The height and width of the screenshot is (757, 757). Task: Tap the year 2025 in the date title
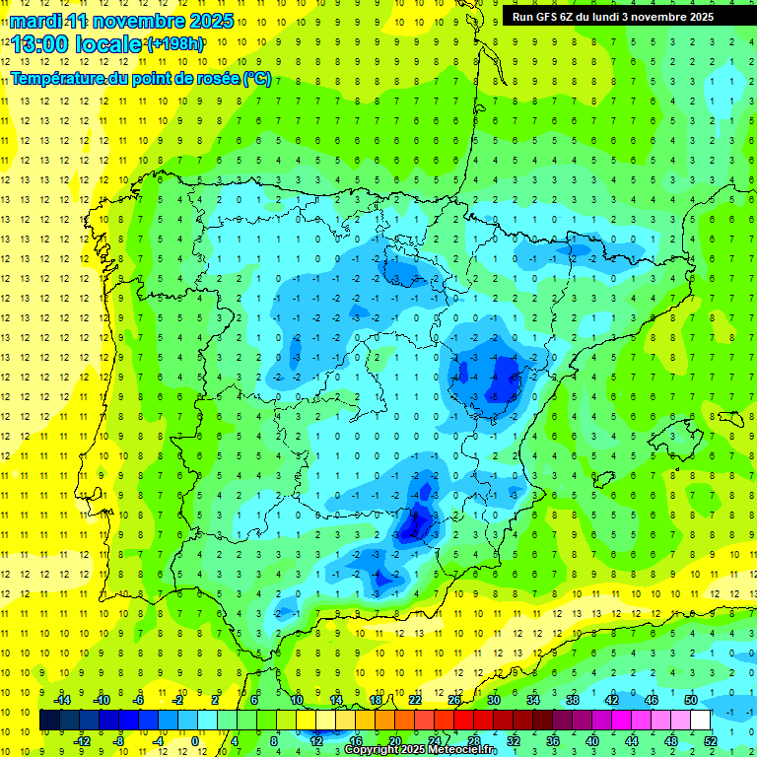click(x=210, y=21)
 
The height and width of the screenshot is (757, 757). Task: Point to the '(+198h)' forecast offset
click(x=174, y=44)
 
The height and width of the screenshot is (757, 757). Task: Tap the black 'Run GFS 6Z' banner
click(x=621, y=17)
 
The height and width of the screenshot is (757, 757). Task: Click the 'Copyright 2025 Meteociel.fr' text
click(x=420, y=750)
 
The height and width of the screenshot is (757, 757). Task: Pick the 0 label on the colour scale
click(x=194, y=740)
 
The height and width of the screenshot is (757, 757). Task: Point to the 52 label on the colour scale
click(x=711, y=740)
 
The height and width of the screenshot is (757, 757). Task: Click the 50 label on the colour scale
click(x=691, y=700)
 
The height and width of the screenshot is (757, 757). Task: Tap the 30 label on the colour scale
click(x=493, y=700)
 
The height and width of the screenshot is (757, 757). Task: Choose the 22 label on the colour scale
click(x=415, y=700)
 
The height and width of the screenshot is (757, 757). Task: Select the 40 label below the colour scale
click(x=591, y=740)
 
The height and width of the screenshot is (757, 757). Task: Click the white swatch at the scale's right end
click(x=701, y=720)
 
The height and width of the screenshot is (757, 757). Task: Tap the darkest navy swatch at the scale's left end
click(x=49, y=720)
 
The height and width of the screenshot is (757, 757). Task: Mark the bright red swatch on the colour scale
click(x=463, y=720)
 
